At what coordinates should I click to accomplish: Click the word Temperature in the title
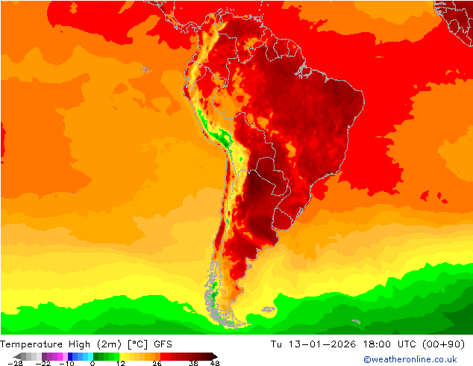pyautogui.click(x=31, y=344)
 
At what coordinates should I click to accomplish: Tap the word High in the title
pyautogui.click(x=77, y=344)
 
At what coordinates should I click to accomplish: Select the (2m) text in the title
pyautogui.click(x=108, y=344)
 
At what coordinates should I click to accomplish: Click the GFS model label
pyautogui.click(x=163, y=344)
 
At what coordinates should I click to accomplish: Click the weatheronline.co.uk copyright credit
pyautogui.click(x=410, y=359)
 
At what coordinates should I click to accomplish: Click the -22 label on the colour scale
pyautogui.click(x=43, y=363)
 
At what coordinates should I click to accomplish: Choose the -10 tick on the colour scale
pyautogui.click(x=66, y=363)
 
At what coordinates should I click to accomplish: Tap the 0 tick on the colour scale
pyautogui.click(x=93, y=363)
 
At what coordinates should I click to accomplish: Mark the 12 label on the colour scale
pyautogui.click(x=120, y=363)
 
